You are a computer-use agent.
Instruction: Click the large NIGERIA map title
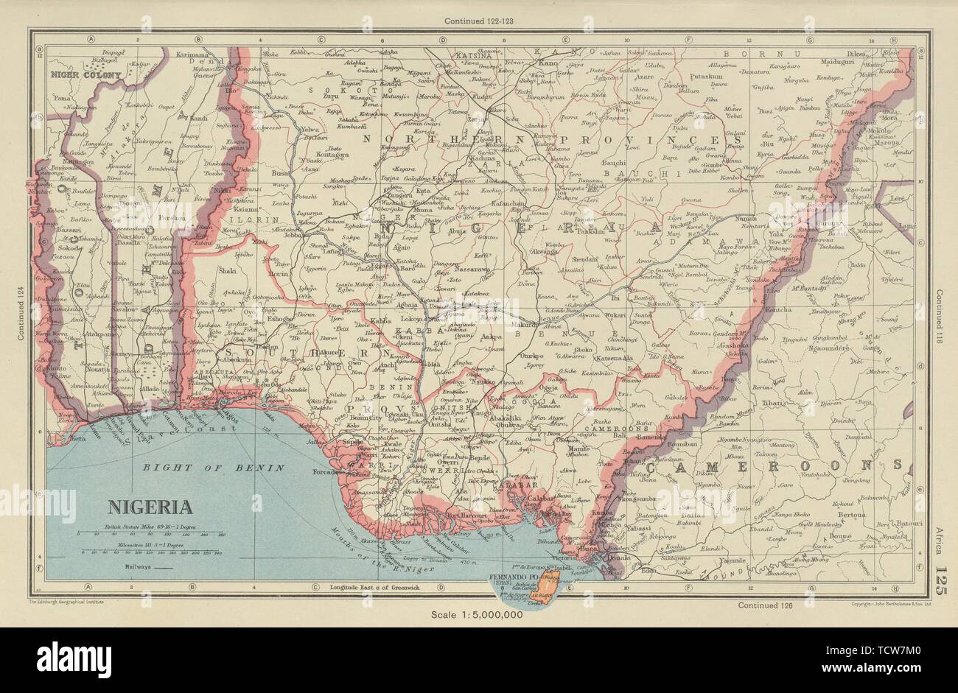pos(151,507)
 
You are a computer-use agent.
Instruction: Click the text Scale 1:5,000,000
pos(478,613)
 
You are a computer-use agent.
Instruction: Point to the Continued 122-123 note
pos(478,21)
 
